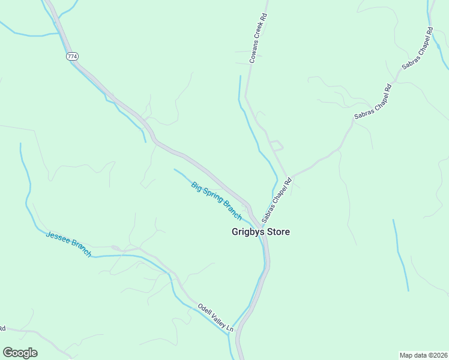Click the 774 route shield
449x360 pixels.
pos(72,56)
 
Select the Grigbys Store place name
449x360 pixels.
pos(261,232)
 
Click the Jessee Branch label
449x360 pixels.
pos(68,244)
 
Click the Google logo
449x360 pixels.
pos(20,353)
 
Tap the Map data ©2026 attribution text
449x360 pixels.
pos(424,355)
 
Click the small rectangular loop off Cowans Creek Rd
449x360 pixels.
pos(276,145)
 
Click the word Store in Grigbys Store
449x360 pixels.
pos(277,232)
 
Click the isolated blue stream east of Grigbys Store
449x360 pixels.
pos(400,255)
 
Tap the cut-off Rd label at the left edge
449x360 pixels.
pos(2,329)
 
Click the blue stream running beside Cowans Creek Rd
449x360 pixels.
pos(250,126)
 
